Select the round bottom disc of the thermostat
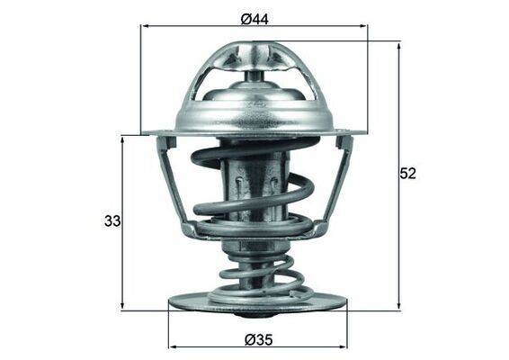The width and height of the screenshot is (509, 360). (256, 301)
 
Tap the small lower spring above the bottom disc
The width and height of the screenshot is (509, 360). (256, 270)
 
